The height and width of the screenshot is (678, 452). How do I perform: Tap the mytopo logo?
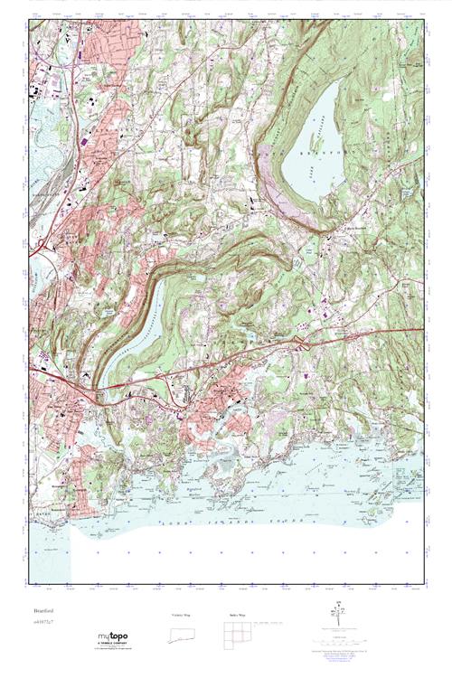tap(109, 636)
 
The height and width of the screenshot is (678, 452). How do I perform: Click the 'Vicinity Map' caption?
tap(184, 616)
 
